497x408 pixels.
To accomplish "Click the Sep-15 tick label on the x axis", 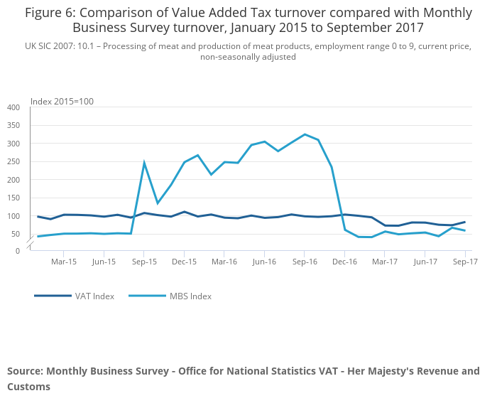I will click(x=144, y=262).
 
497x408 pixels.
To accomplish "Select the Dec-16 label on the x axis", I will click(x=344, y=262).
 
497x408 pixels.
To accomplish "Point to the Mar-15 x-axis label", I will click(x=64, y=262).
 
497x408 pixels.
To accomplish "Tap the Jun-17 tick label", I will click(x=425, y=262).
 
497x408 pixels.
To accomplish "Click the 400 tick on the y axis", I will click(x=13, y=107).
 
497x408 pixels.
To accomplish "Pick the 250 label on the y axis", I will click(x=13, y=161).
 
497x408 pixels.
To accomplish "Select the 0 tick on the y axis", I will click(x=18, y=251).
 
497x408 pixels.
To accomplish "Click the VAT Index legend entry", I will click(x=94, y=296).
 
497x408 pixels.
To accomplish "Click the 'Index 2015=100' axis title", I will click(x=62, y=101).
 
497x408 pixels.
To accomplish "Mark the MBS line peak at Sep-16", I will click(x=305, y=134).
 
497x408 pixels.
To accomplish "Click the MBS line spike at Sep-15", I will click(x=144, y=163).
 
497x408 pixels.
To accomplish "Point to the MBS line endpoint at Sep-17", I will click(x=465, y=230).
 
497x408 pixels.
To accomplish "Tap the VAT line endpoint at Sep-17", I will click(x=465, y=222).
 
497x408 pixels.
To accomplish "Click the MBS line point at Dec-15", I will click(x=185, y=162).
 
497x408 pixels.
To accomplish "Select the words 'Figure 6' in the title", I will click(x=49, y=13).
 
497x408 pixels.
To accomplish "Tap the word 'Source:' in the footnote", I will click(x=25, y=371).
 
